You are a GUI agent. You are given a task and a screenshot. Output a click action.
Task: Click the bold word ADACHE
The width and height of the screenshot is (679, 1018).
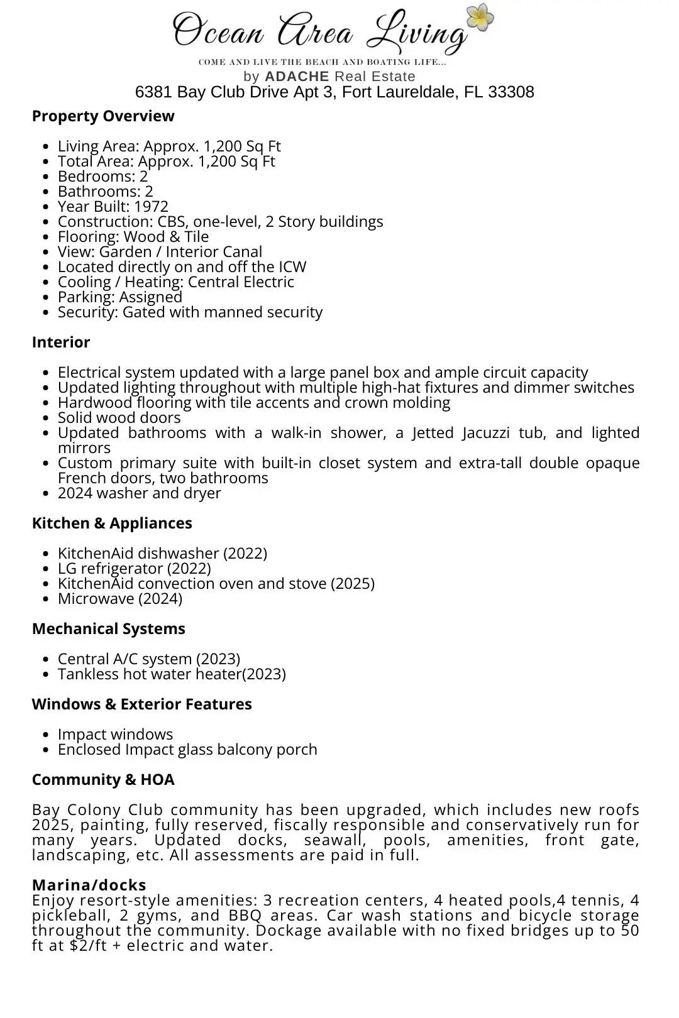pos(297,77)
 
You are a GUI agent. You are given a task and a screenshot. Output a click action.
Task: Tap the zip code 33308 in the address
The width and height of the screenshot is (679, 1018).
pos(511,92)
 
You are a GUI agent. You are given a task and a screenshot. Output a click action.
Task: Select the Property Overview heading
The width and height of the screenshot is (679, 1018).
pos(103,116)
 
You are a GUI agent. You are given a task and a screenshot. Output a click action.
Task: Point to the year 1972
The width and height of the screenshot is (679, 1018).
pos(151,207)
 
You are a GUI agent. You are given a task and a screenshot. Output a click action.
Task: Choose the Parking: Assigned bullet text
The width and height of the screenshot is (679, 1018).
pos(119,297)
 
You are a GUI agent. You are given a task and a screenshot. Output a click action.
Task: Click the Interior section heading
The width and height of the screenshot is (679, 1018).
pos(61,342)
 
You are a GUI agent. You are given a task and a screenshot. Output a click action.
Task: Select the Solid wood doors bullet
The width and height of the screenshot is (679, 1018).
pos(119,418)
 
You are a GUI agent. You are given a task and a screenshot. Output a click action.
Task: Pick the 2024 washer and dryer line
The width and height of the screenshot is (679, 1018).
pos(139,493)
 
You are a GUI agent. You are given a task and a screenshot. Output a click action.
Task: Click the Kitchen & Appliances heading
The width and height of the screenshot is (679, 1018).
pos(112,523)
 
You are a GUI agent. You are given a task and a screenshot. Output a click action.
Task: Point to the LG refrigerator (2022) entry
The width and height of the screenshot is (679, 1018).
pos(134,569)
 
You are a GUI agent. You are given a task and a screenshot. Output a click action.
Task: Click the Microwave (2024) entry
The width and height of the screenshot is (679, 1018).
pos(119,599)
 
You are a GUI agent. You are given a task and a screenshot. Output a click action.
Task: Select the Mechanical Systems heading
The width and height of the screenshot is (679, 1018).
pos(108,629)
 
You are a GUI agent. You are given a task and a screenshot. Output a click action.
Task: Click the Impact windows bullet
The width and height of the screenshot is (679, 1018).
pos(115,735)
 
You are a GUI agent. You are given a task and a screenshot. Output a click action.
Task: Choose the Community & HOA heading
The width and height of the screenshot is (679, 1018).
pos(103,780)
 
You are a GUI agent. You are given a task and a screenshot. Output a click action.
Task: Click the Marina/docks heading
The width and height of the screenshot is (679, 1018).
pos(89,885)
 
